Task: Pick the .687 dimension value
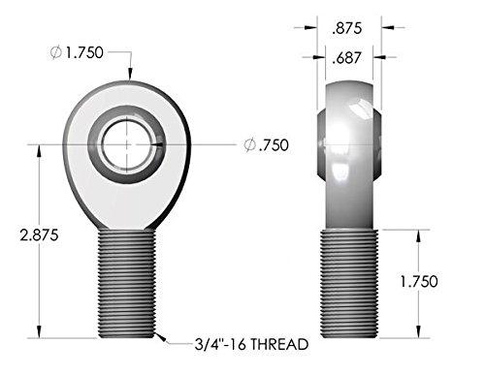350,60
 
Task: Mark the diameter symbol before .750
249,145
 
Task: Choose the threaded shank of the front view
125,281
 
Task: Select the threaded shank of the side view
350,281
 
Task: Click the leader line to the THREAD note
165,341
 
